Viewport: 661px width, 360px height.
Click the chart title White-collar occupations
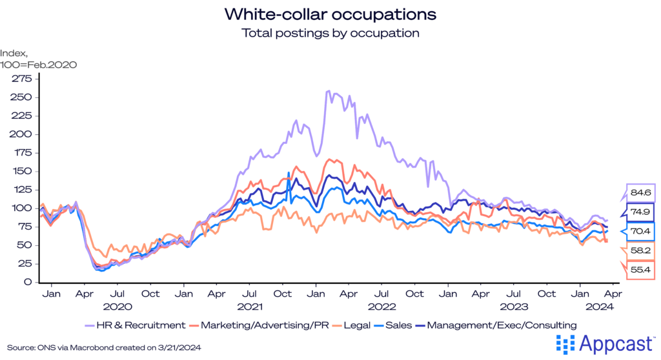[330, 14]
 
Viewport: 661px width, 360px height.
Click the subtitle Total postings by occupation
[330, 32]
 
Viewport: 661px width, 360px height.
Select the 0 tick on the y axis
[28, 282]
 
